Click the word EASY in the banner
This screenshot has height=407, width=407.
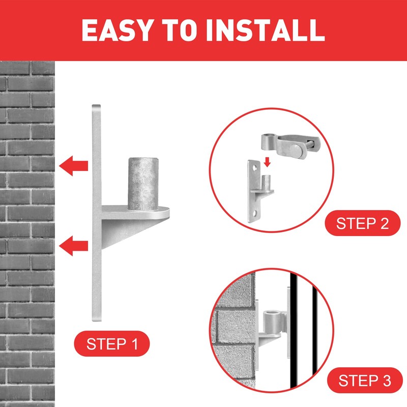[117, 30]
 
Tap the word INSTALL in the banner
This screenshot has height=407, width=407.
[265, 30]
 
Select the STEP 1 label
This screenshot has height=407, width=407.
[112, 344]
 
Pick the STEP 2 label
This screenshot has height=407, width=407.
[363, 223]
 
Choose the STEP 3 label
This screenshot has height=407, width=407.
[365, 380]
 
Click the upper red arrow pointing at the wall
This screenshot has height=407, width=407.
[73, 166]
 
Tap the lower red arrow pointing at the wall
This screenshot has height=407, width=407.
[73, 246]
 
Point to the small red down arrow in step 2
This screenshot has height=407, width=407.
[267, 162]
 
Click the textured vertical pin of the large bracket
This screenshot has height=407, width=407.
[143, 183]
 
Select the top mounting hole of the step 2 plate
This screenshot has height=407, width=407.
[255, 168]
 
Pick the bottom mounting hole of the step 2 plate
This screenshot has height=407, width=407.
[255, 214]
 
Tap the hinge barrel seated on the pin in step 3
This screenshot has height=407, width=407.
[272, 321]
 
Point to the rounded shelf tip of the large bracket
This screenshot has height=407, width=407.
[166, 212]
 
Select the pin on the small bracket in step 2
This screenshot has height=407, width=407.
[266, 183]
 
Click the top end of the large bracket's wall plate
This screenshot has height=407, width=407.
[96, 105]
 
